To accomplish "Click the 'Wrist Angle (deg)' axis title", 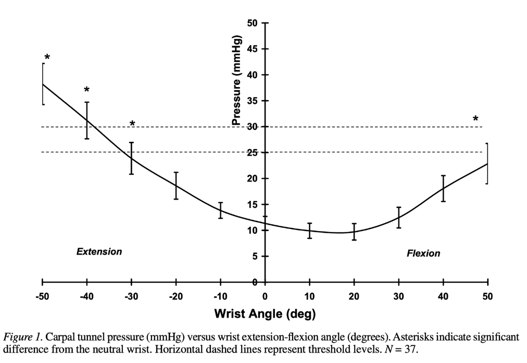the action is pyautogui.click(x=265, y=314).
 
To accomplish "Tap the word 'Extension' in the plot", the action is pyautogui.click(x=99, y=251).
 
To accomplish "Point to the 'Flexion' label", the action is pyautogui.click(x=423, y=253).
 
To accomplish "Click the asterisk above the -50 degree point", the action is pyautogui.click(x=47, y=57).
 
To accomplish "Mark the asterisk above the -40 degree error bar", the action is pyautogui.click(x=87, y=90).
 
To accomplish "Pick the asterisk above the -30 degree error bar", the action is pyautogui.click(x=132, y=124).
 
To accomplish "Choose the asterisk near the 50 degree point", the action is pyautogui.click(x=475, y=118).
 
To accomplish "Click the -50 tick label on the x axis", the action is pyautogui.click(x=42, y=296).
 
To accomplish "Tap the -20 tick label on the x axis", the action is pyautogui.click(x=176, y=296).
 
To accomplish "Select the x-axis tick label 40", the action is pyautogui.click(x=443, y=296).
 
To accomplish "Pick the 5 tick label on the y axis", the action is pyautogui.click(x=255, y=256).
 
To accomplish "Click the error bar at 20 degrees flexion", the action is pyautogui.click(x=354, y=232).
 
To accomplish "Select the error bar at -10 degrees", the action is pyautogui.click(x=220, y=211).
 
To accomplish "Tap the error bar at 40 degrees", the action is pyautogui.click(x=443, y=189).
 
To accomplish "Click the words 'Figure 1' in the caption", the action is pyautogui.click(x=22, y=337).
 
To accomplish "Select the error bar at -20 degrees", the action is pyautogui.click(x=176, y=186).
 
